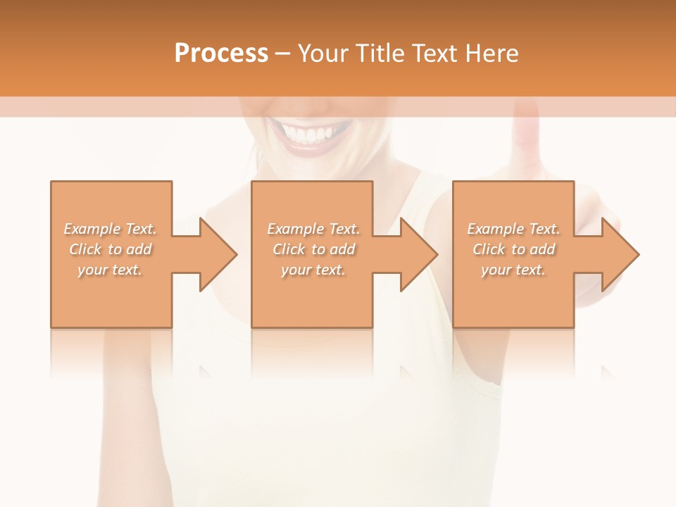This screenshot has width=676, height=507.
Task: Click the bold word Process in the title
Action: click(x=221, y=54)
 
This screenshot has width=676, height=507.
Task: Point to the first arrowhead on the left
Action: click(x=218, y=254)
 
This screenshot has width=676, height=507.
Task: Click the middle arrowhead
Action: click(x=419, y=254)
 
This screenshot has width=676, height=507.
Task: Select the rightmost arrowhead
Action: click(x=620, y=254)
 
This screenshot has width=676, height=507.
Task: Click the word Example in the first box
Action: click(x=92, y=229)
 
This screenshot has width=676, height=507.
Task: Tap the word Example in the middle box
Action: click(x=295, y=229)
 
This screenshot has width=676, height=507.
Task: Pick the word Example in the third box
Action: click(x=495, y=229)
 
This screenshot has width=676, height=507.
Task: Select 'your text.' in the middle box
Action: click(x=313, y=270)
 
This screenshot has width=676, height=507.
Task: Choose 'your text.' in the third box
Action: click(x=513, y=270)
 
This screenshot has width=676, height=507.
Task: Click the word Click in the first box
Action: click(x=85, y=249)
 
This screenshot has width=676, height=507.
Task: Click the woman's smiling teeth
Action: click(x=311, y=133)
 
